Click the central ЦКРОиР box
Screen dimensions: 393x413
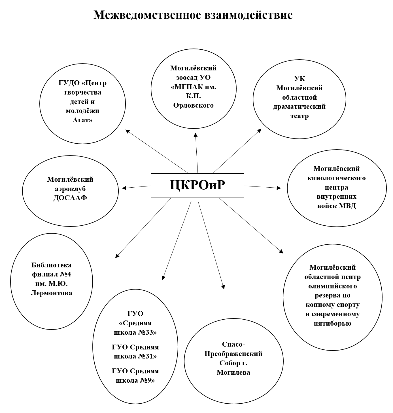point(197,185)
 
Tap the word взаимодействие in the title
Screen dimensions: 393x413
point(248,15)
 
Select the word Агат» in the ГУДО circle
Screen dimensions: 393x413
point(82,120)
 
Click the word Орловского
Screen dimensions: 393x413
point(193,105)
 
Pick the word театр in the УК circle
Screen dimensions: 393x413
point(299,116)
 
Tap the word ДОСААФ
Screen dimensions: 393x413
point(70,198)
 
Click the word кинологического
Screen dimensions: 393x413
point(337,178)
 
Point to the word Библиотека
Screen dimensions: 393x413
point(51,265)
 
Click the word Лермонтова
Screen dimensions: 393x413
point(51,293)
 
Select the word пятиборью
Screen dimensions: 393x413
point(333,323)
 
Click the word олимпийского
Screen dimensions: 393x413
point(333,286)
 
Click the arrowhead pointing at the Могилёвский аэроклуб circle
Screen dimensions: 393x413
point(124,188)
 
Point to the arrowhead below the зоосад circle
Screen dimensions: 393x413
point(196,135)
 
